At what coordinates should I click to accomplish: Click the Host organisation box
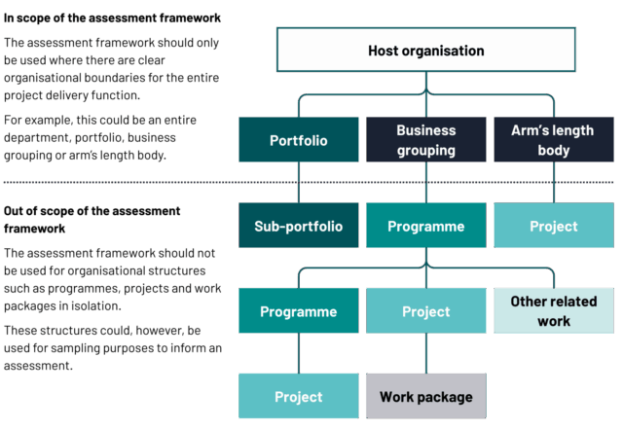(425, 51)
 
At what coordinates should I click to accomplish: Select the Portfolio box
(298, 140)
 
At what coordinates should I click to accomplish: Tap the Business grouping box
(425, 140)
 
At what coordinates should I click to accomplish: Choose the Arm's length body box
(553, 140)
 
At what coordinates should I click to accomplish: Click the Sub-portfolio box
(298, 226)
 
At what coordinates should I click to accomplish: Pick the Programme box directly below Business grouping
(425, 226)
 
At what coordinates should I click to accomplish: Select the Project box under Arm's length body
(553, 226)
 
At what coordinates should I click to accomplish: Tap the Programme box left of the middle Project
(298, 311)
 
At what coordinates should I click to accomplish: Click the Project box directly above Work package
(425, 311)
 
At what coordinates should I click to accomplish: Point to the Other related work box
(553, 311)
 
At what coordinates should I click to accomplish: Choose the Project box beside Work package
(298, 397)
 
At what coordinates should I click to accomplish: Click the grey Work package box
(425, 397)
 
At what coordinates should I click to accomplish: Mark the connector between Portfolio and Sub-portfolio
(298, 183)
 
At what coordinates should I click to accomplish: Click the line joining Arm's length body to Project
(553, 183)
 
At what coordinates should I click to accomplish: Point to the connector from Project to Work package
(425, 354)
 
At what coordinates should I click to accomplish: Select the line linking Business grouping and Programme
(425, 183)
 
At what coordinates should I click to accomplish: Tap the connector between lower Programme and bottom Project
(298, 354)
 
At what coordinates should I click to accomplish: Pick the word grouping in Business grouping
(425, 151)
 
